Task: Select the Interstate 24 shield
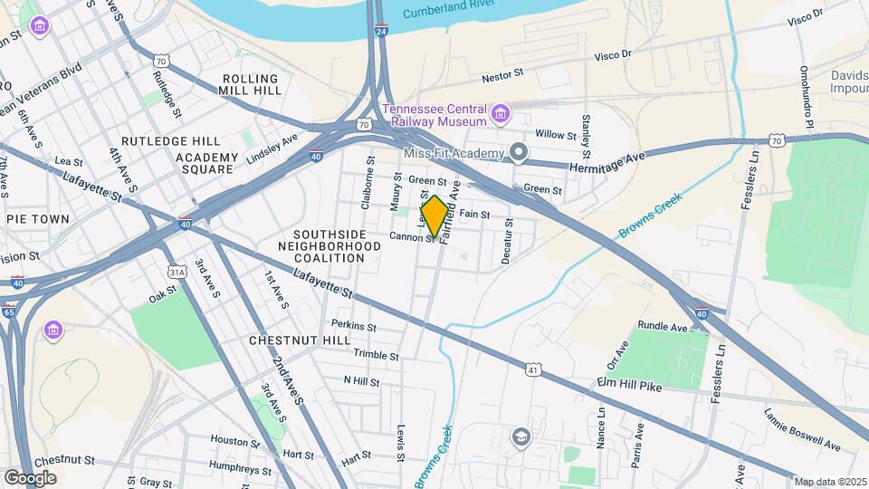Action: tap(382, 32)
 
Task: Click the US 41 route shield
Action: tap(534, 369)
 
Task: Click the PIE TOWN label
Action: tap(37, 219)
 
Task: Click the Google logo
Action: tap(30, 477)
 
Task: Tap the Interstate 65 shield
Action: tap(8, 312)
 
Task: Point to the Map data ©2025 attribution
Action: tap(829, 482)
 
